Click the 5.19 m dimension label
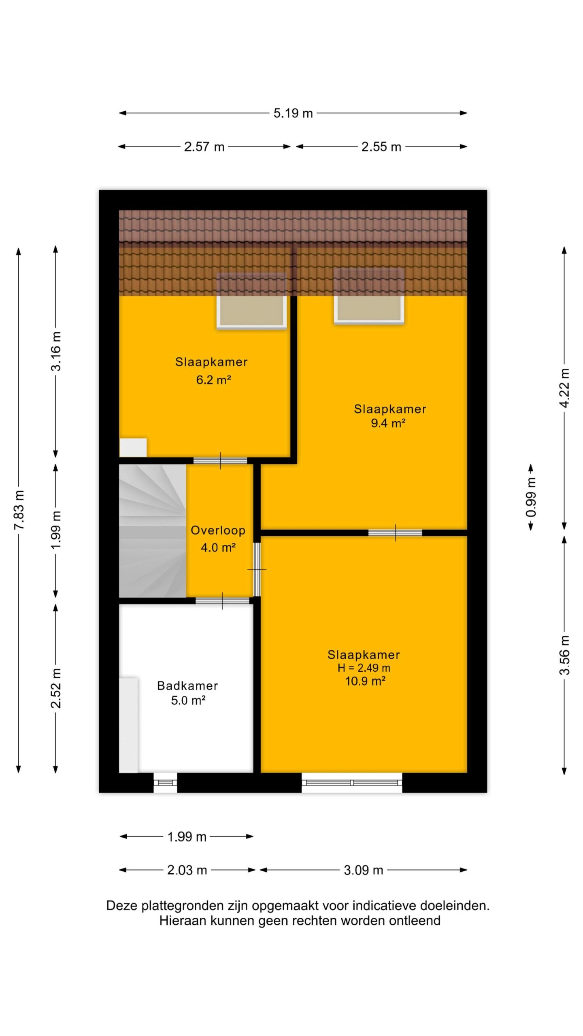[293, 113]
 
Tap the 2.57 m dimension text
[204, 146]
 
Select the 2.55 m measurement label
[381, 146]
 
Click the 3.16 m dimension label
[56, 351]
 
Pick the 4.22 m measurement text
[564, 388]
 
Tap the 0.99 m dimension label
[531, 497]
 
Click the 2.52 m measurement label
[56, 688]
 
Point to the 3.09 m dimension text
[363, 870]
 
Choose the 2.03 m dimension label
[187, 870]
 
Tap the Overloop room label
[218, 530]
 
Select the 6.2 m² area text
[213, 380]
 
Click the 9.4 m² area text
[388, 423]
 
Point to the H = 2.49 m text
[364, 668]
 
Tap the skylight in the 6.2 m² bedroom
[252, 300]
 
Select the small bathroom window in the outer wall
[165, 782]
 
